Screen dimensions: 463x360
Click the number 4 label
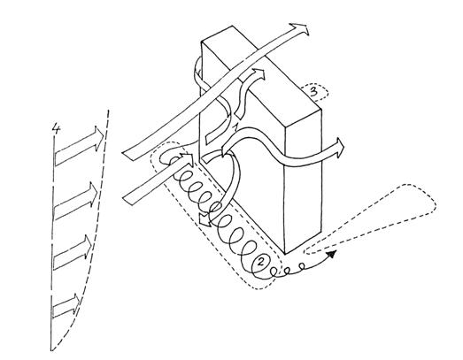pos(56,129)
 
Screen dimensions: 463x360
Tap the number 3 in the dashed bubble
pos(313,91)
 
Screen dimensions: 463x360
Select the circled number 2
pos(261,261)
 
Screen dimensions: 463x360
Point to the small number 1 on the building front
pos(235,127)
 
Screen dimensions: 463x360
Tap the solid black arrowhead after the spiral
pos(331,254)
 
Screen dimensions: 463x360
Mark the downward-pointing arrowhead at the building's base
pos(204,220)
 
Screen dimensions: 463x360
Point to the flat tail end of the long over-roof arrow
pos(127,155)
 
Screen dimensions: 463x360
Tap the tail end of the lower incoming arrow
pos(127,198)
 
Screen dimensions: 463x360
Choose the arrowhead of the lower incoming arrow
pos(187,160)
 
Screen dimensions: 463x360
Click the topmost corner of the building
pos(233,27)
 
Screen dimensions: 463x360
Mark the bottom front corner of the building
pos(285,254)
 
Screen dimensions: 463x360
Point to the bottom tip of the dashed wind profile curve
pos(52,350)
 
